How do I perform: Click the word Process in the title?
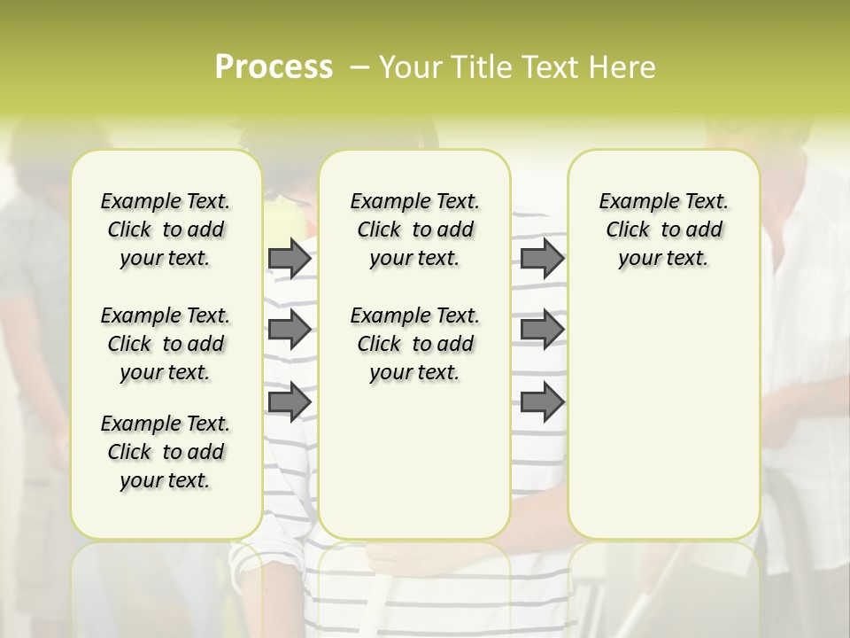pos(273,67)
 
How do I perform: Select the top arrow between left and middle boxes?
pos(290,258)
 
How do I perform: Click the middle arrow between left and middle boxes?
pos(290,330)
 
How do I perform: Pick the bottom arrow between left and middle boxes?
pos(290,401)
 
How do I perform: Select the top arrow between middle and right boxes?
pos(542,258)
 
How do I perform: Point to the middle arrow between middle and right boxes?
pos(542,330)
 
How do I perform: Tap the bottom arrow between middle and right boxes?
pos(542,401)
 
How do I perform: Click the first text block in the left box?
pos(166,230)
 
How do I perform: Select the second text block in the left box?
pos(166,344)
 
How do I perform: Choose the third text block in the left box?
pos(166,452)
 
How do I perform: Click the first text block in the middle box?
pos(414,230)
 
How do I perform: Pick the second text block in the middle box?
pos(414,344)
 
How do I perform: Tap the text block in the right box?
pos(664,230)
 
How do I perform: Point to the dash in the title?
pos(359,67)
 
